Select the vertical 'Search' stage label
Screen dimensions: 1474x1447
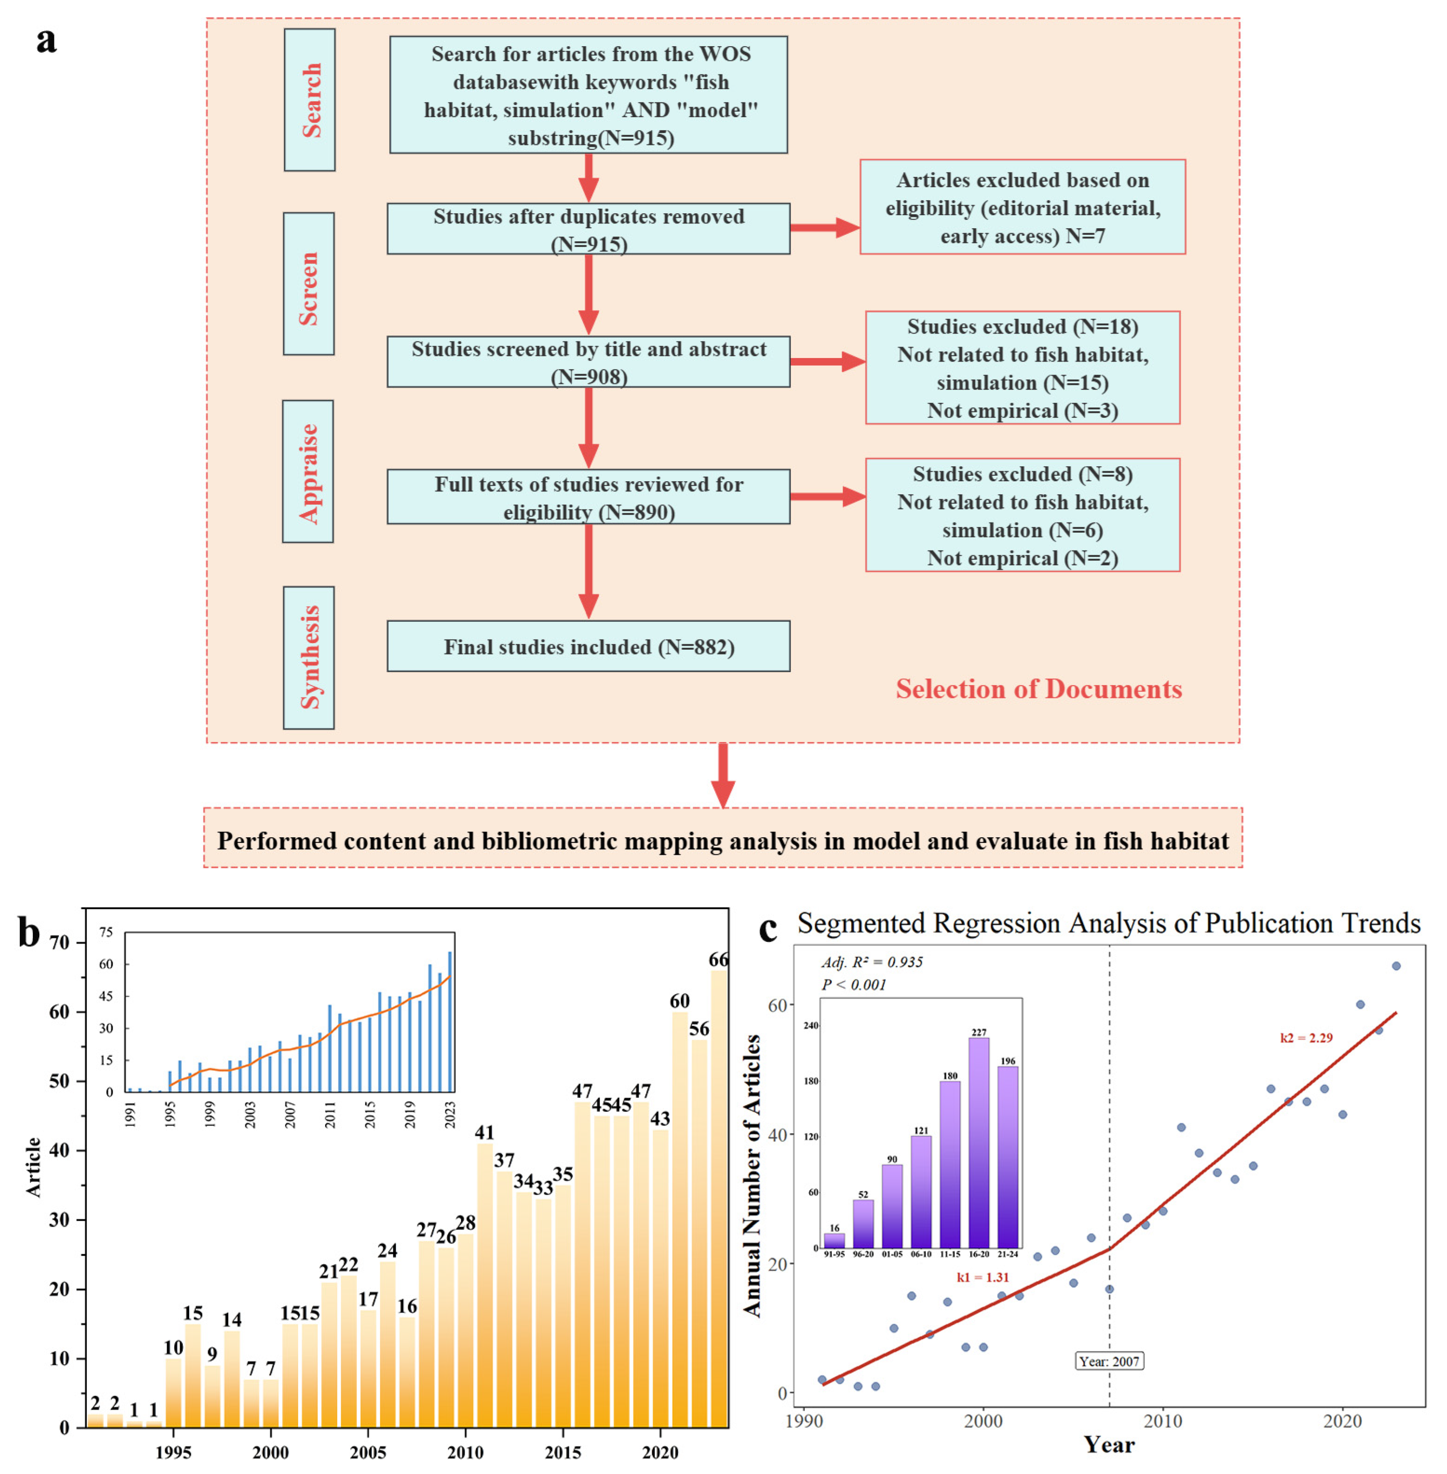[x=310, y=100]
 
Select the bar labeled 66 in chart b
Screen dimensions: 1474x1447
[x=718, y=1201]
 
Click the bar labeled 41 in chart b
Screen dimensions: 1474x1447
[x=485, y=1285]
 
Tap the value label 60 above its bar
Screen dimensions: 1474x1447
[x=679, y=1001]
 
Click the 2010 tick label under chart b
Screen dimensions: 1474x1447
[x=465, y=1453]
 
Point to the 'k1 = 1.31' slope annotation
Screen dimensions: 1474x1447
[x=983, y=1277]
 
